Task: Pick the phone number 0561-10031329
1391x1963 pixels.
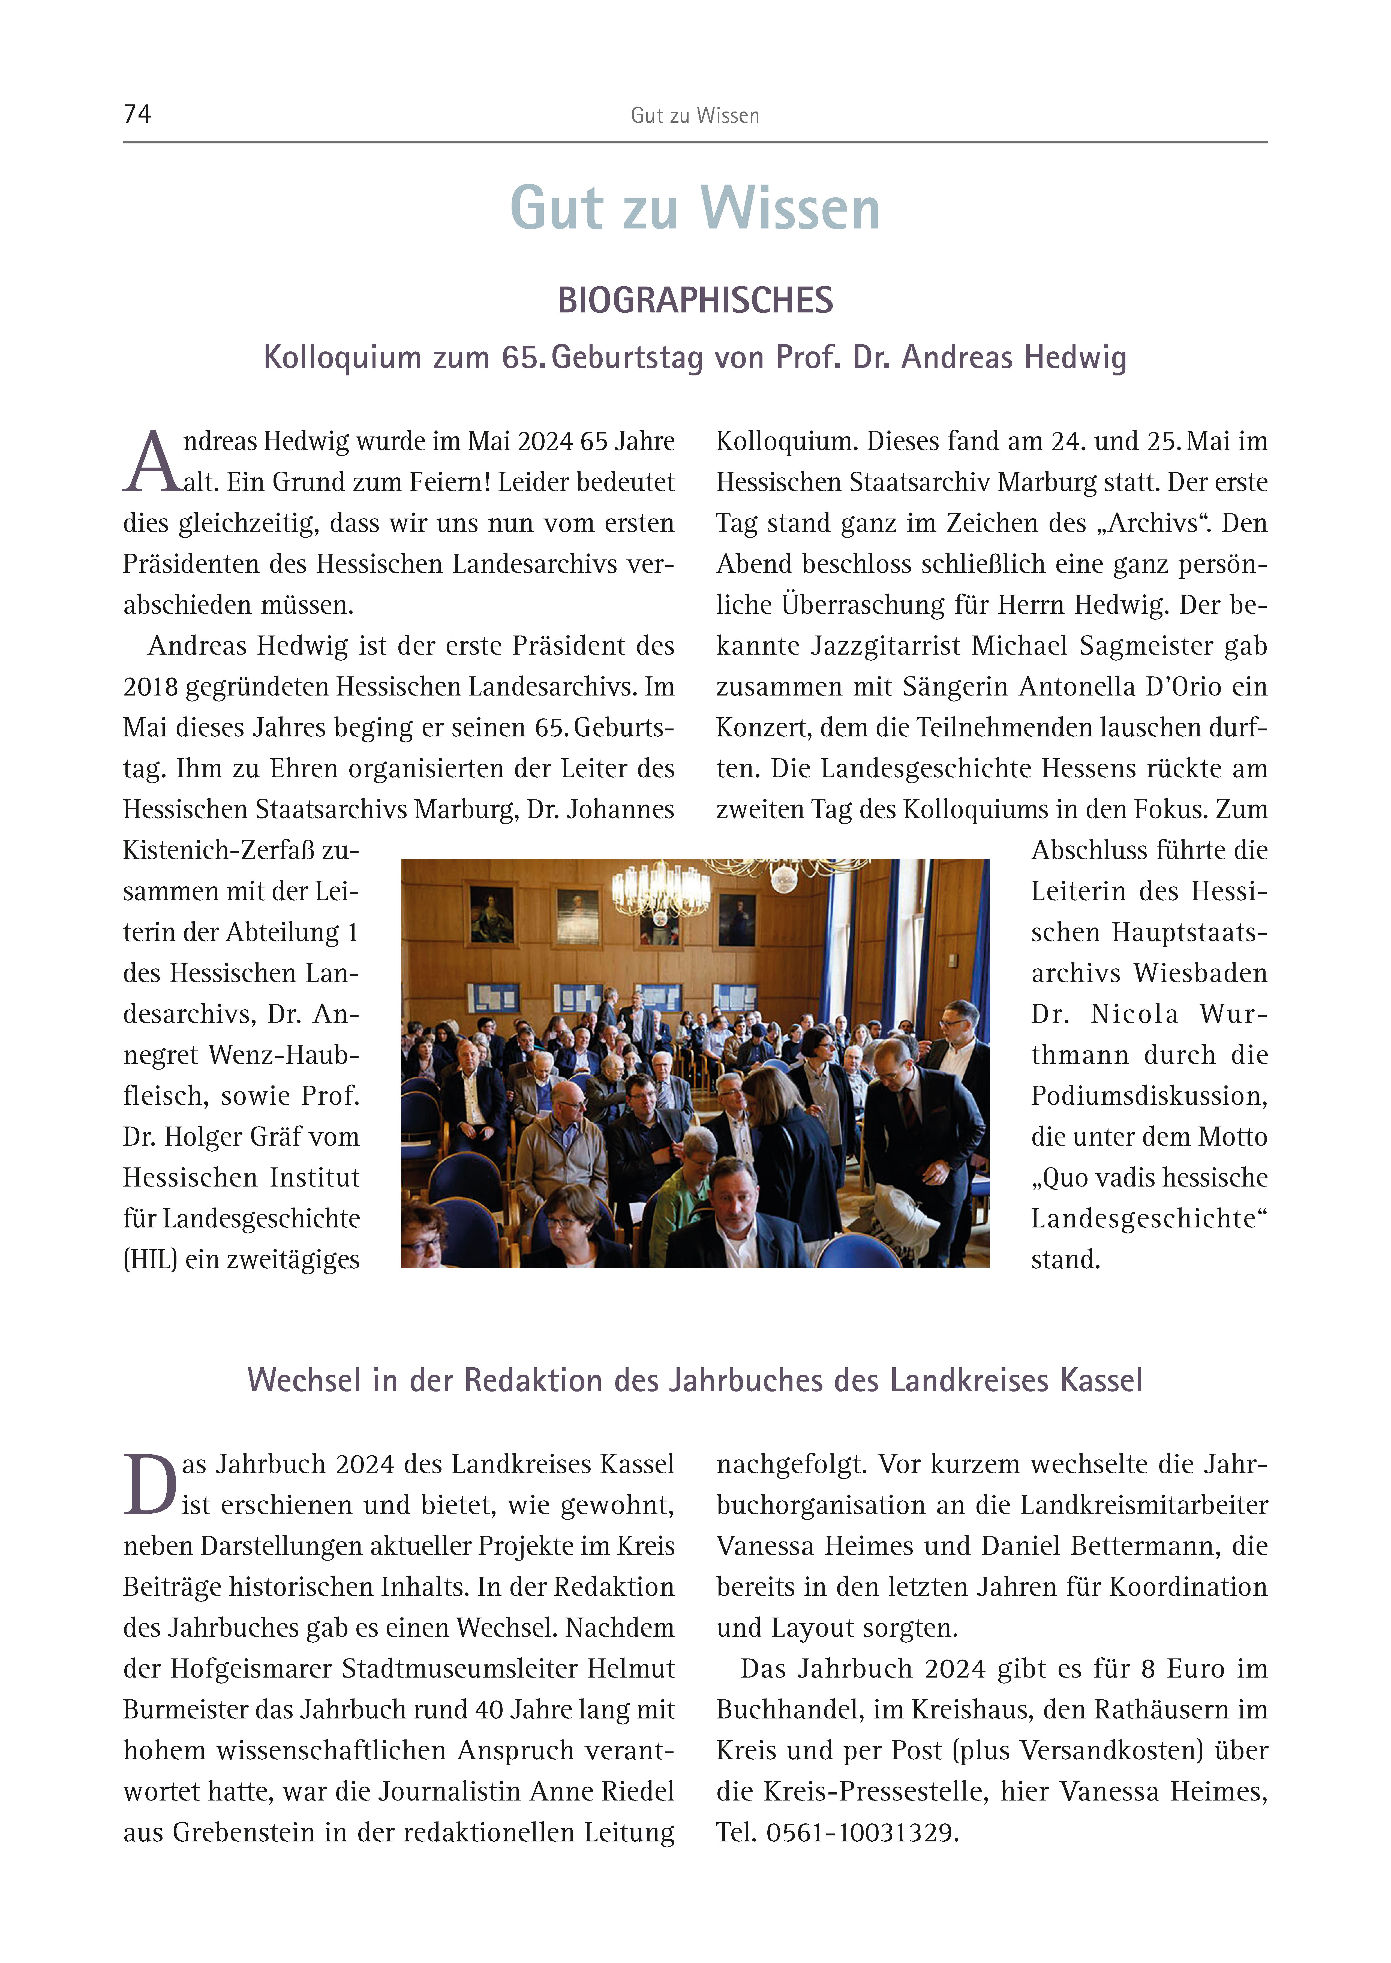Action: tap(861, 1833)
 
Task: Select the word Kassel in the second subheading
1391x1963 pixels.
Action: tap(1100, 1381)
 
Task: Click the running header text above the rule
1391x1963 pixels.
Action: tap(695, 116)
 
